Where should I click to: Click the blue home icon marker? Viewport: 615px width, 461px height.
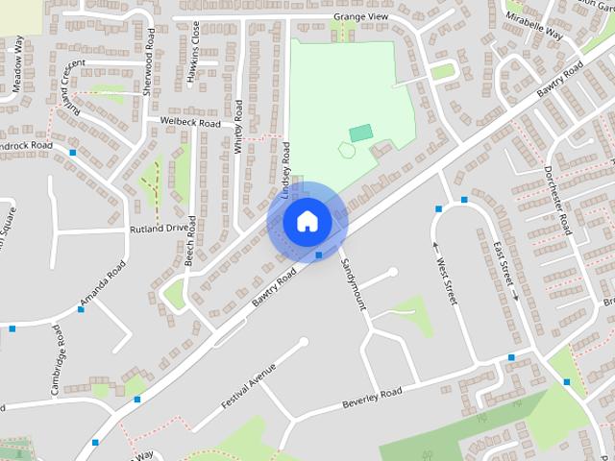tap(307, 221)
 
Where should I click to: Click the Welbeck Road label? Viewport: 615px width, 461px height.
tap(191, 123)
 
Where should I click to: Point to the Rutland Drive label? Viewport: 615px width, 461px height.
tap(160, 229)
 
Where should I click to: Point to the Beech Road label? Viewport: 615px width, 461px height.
tap(191, 241)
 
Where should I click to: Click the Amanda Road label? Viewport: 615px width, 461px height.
tap(103, 286)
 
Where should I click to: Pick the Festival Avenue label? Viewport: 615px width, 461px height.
tap(248, 385)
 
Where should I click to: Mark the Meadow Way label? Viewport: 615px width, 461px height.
tap(17, 63)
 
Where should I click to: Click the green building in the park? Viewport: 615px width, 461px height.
tap(360, 133)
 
